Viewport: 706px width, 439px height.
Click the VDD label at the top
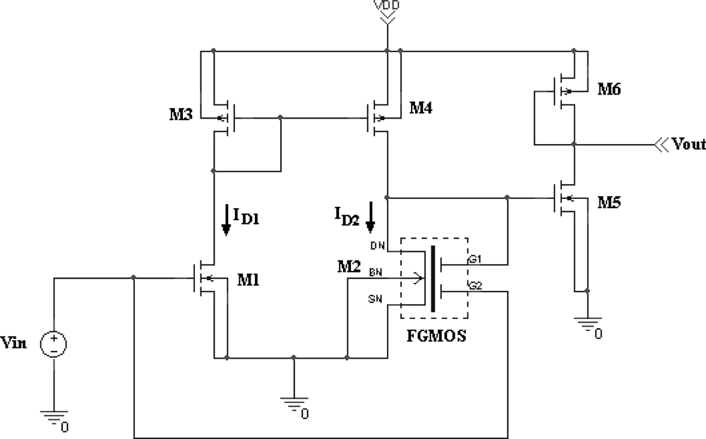point(387,5)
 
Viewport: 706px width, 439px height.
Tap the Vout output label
point(689,145)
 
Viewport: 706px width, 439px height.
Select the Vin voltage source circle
point(54,344)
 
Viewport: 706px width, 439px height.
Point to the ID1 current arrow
point(226,220)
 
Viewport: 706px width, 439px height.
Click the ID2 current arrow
point(370,220)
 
